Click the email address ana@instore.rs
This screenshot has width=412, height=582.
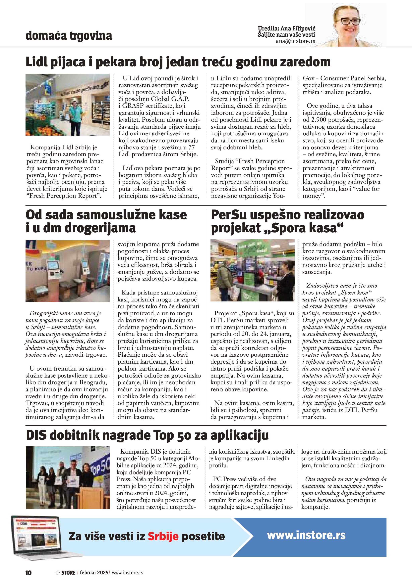295,41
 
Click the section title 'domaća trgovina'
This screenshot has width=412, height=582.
69,35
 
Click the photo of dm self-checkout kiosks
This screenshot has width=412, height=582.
68,271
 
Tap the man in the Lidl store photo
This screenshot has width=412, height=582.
75,115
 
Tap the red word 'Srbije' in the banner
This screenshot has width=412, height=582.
163,536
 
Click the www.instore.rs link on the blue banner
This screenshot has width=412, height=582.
306,535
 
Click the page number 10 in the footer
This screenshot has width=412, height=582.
29,572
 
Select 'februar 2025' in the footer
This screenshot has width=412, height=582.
94,572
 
